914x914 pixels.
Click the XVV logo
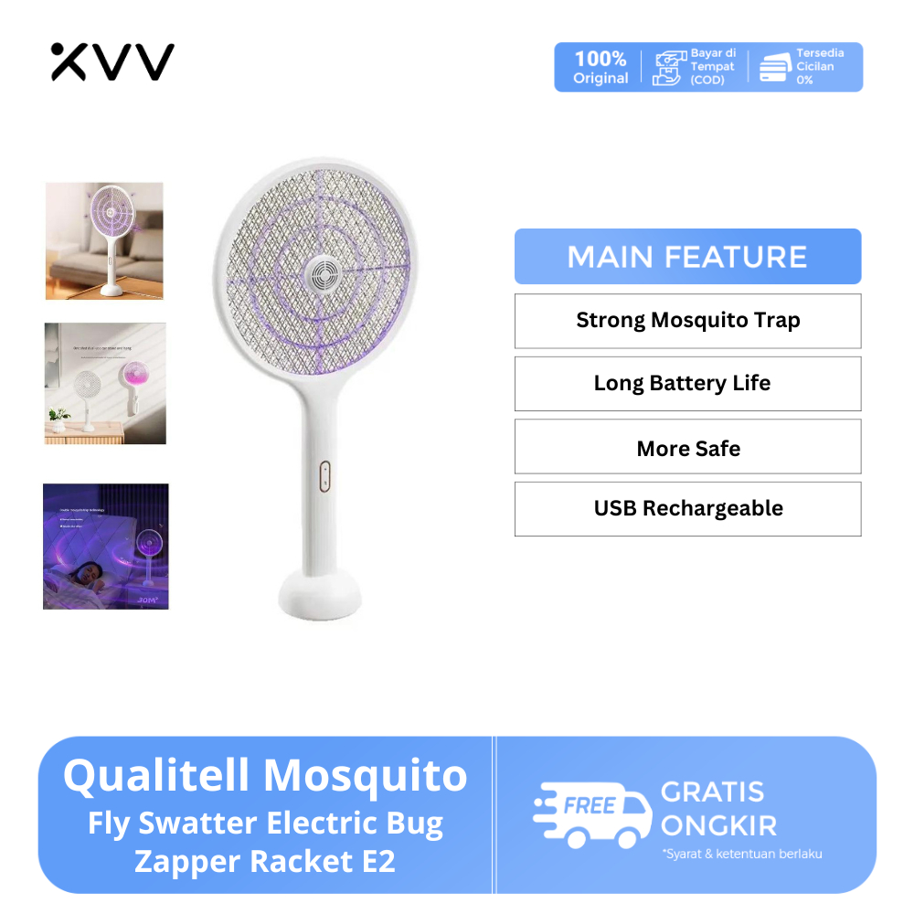pyautogui.click(x=112, y=61)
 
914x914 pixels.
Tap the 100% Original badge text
pyautogui.click(x=600, y=68)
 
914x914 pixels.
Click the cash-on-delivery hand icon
pyautogui.click(x=667, y=68)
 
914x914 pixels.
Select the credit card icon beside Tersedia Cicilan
pyautogui.click(x=776, y=68)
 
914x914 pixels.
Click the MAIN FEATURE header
pyautogui.click(x=687, y=257)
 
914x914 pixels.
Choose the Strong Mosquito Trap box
pyautogui.click(x=687, y=321)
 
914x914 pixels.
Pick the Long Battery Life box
pyautogui.click(x=687, y=383)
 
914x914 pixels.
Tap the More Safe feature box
pyautogui.click(x=687, y=447)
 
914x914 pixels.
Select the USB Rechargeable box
pyautogui.click(x=687, y=509)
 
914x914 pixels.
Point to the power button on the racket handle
pyautogui.click(x=323, y=475)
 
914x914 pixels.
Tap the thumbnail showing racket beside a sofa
pyautogui.click(x=104, y=240)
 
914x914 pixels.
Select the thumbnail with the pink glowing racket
pyautogui.click(x=105, y=383)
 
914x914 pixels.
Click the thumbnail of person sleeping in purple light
pyautogui.click(x=105, y=546)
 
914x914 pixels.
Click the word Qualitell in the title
pyautogui.click(x=157, y=777)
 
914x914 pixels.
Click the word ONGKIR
pyautogui.click(x=719, y=825)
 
